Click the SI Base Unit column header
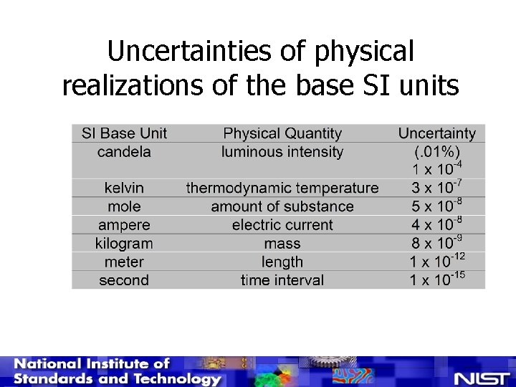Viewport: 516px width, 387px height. coord(124,133)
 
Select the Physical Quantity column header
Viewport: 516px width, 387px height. coord(282,133)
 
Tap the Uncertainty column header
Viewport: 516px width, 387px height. coord(436,133)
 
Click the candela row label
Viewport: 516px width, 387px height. coord(124,152)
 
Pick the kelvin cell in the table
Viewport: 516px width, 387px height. coord(124,188)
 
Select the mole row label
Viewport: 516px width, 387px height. coord(124,206)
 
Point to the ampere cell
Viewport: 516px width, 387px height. coord(124,225)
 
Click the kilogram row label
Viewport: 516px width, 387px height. coord(124,244)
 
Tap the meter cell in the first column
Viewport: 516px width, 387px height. coord(124,262)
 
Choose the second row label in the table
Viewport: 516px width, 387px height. coord(124,280)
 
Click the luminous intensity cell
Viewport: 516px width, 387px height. coord(282,152)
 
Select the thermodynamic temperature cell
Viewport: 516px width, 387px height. coord(282,188)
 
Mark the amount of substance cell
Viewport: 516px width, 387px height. coord(282,206)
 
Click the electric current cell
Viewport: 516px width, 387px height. coord(282,225)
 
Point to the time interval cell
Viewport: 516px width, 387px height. coord(282,280)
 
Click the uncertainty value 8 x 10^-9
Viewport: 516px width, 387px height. coord(436,242)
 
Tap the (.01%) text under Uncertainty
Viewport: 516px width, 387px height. coord(436,152)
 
